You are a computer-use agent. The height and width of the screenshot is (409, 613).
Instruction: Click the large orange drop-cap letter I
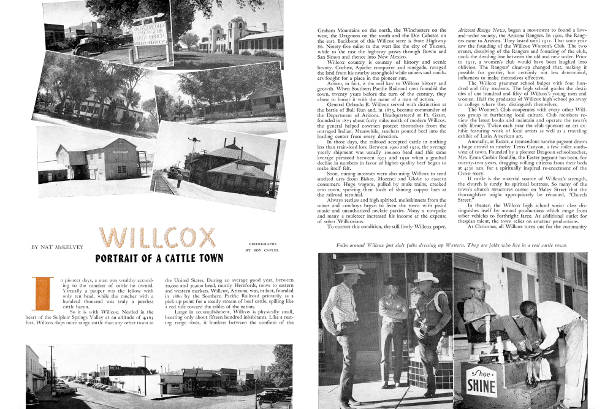44,294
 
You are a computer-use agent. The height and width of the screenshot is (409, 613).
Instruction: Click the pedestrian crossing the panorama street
140,388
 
